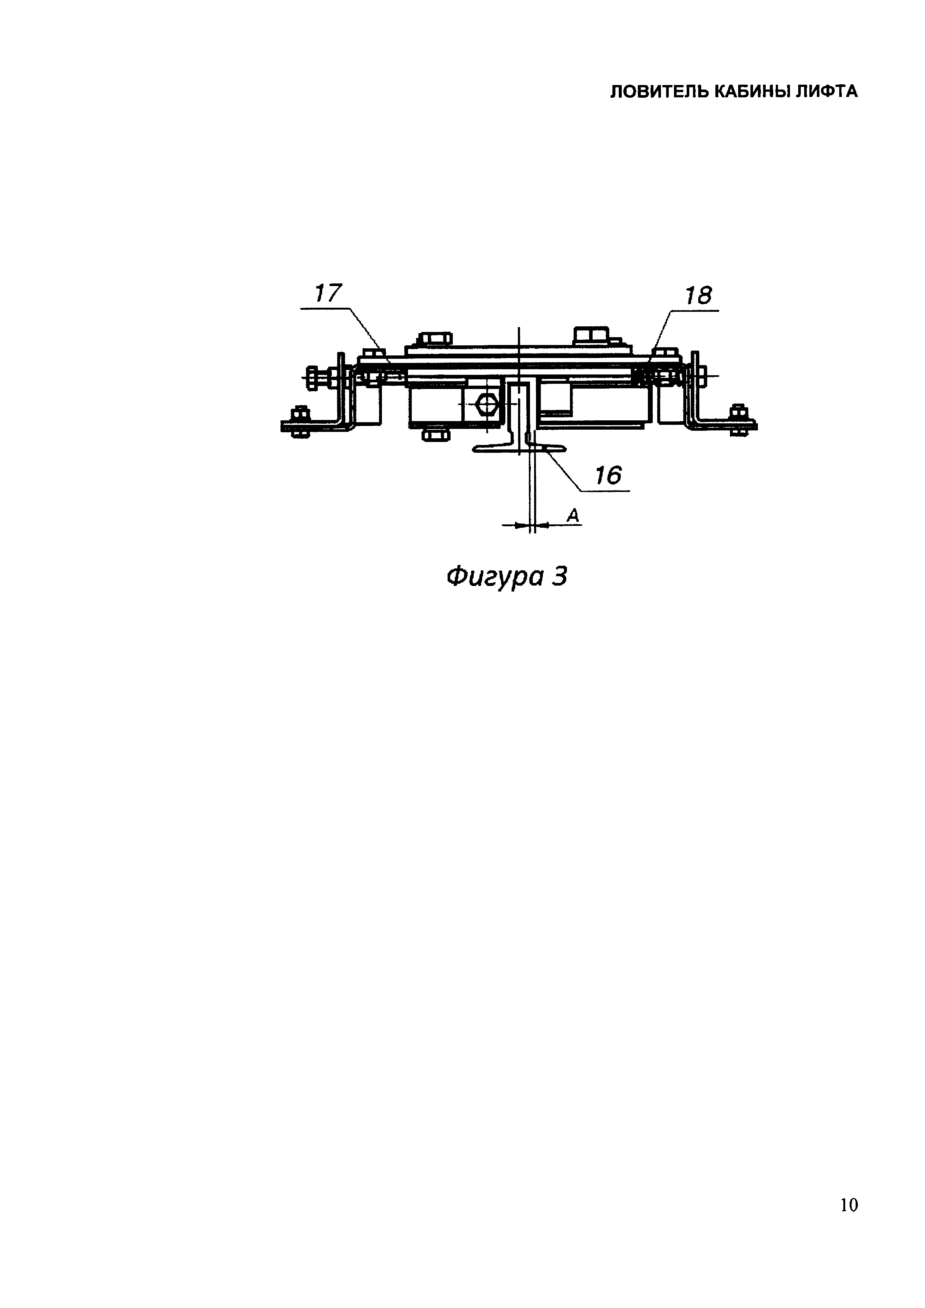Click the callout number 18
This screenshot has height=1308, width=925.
(698, 296)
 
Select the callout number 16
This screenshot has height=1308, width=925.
(608, 475)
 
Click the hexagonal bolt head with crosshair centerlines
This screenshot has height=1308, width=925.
(487, 404)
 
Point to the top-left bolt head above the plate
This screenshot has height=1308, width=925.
(435, 339)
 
